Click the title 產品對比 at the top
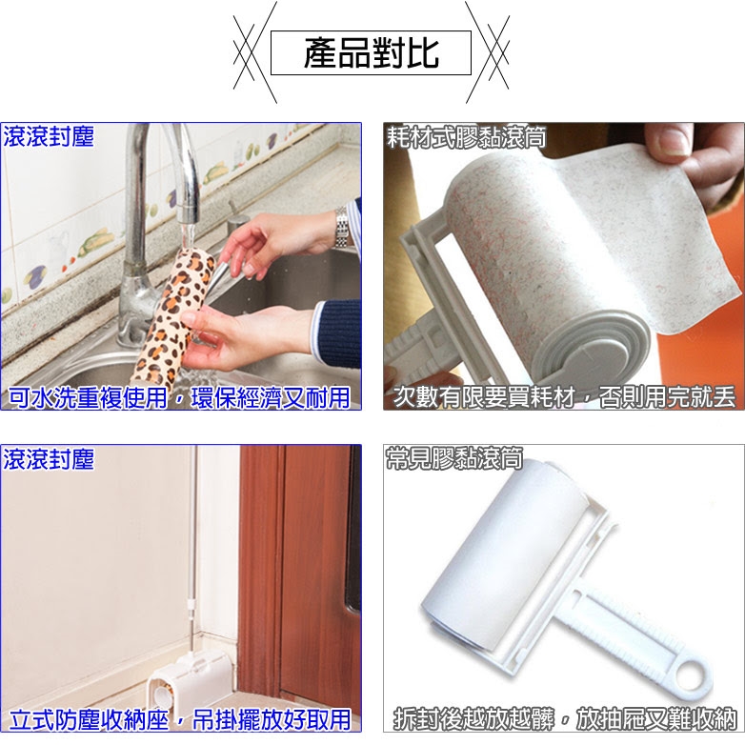(371, 52)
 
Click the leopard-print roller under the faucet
(173, 318)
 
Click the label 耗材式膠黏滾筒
(466, 137)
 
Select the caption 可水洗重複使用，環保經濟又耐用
(180, 397)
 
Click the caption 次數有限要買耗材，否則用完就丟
(564, 397)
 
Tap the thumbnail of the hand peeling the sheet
(564, 266)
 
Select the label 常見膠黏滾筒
(454, 458)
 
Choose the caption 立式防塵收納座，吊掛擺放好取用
(180, 719)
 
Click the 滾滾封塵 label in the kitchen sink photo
(48, 137)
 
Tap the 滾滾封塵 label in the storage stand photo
(48, 459)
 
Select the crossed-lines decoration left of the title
(255, 52)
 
